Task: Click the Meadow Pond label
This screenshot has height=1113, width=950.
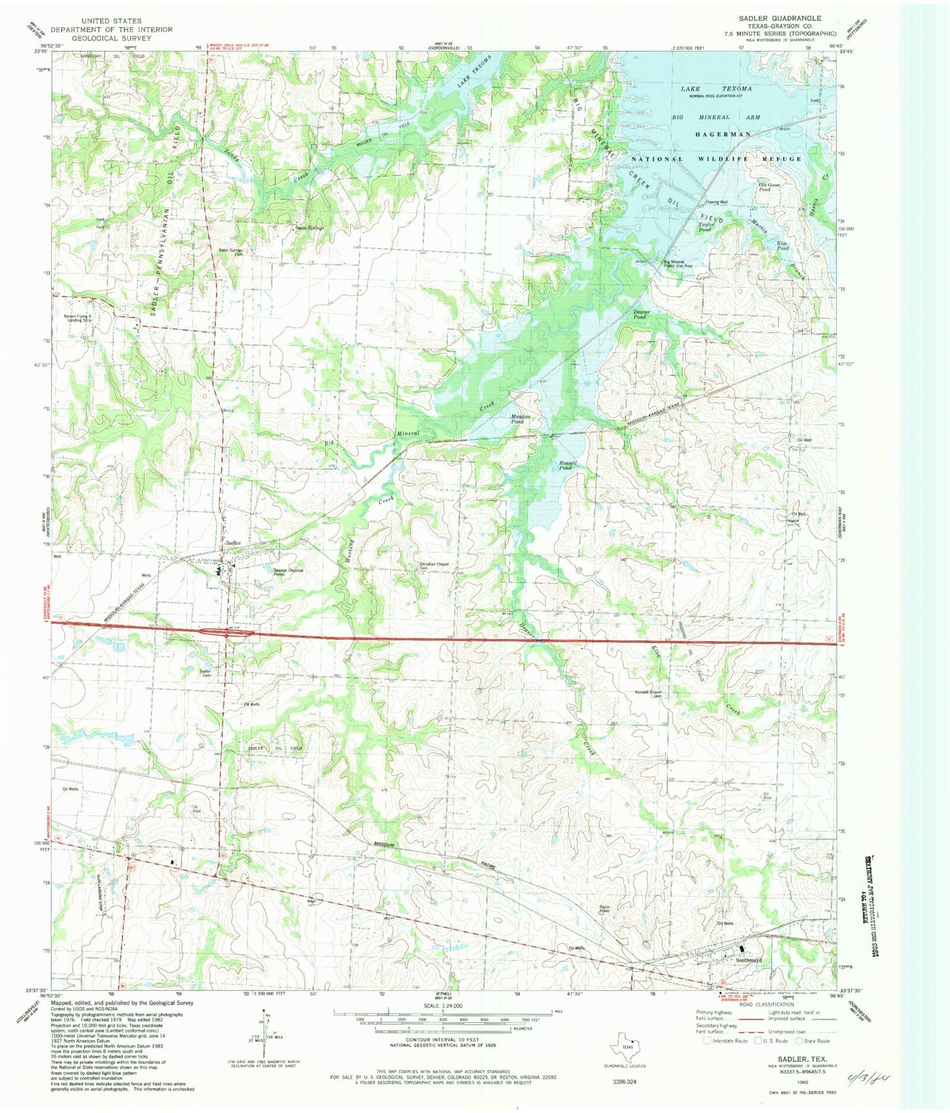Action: coord(521,419)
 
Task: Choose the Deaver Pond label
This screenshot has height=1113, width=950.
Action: coord(641,314)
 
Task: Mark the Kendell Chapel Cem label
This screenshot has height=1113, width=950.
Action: coord(647,694)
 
